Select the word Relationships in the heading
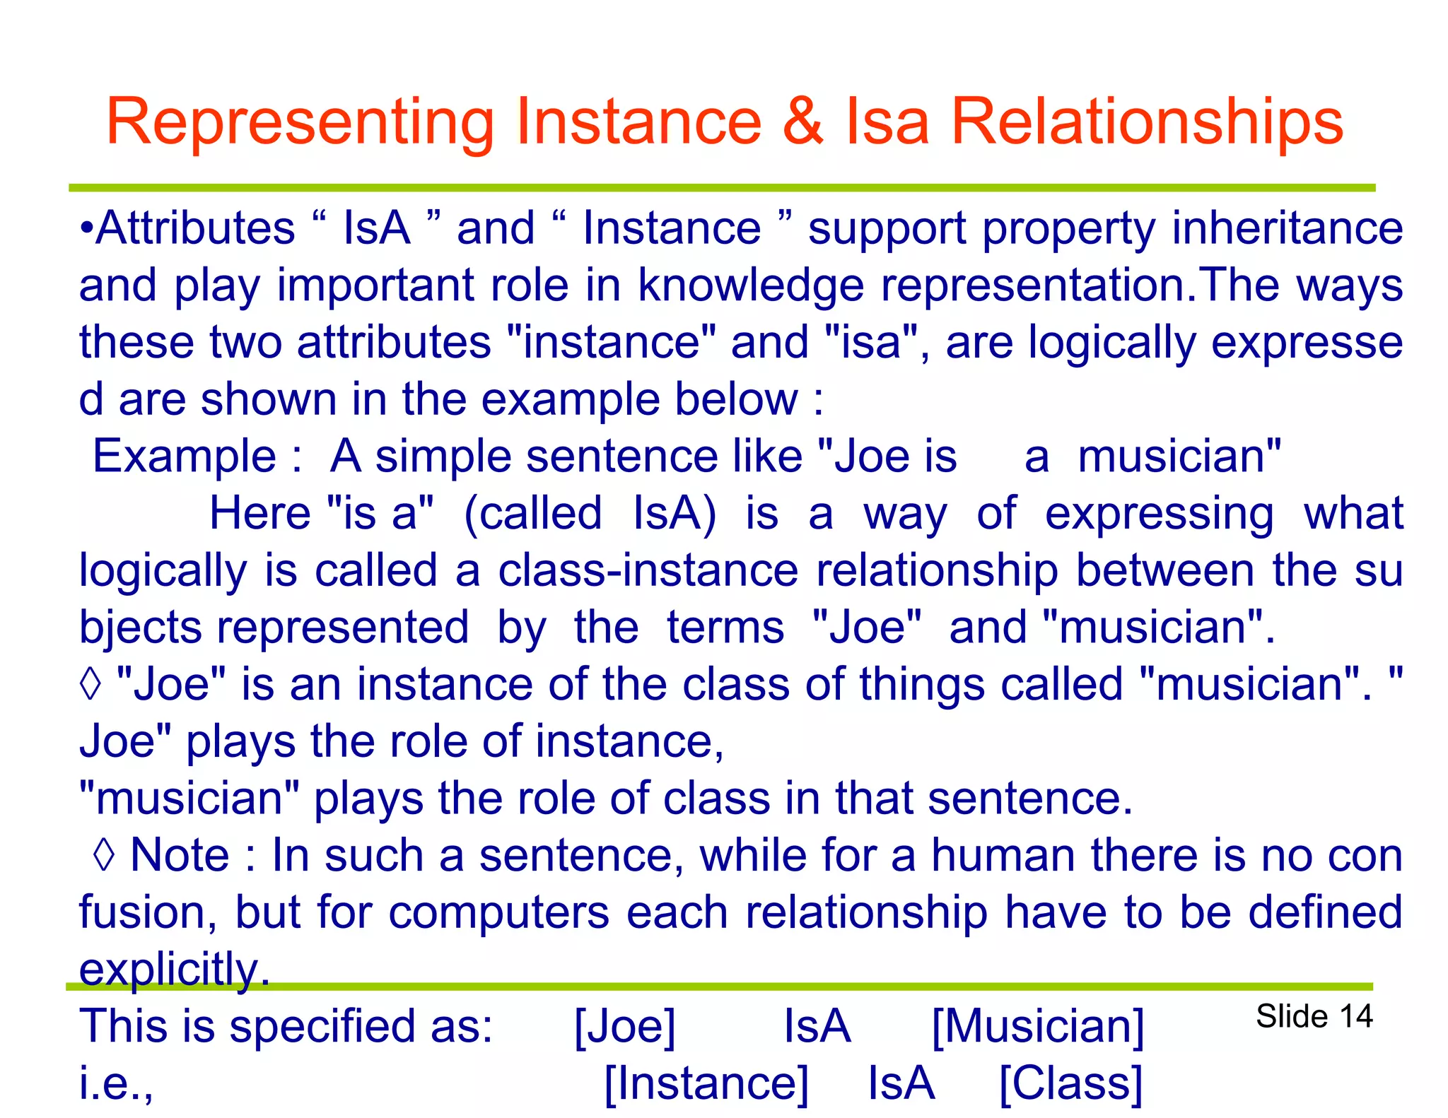click(1147, 123)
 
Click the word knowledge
click(751, 286)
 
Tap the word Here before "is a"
click(259, 513)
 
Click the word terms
click(725, 628)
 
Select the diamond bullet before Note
click(104, 855)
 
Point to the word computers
click(498, 912)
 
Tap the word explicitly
click(174, 969)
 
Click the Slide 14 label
click(1314, 1016)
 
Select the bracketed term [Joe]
click(625, 1027)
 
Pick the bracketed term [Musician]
click(1037, 1027)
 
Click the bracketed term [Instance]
click(706, 1083)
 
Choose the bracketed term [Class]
click(1070, 1083)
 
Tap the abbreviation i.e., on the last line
click(116, 1083)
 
